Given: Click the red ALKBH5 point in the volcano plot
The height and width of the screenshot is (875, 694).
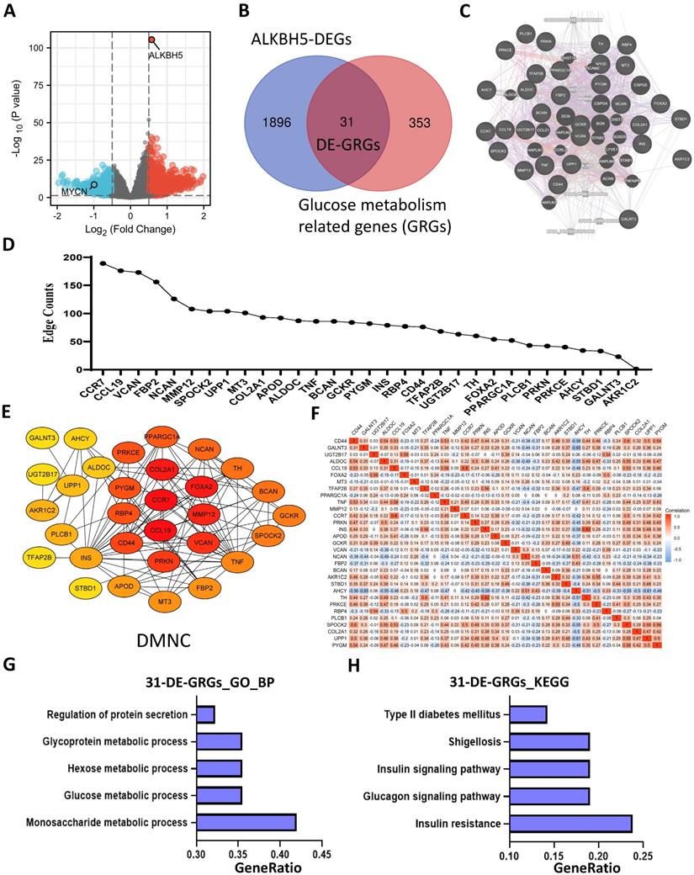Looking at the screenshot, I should (151, 40).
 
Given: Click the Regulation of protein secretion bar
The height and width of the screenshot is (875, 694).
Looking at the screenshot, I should (206, 715).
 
